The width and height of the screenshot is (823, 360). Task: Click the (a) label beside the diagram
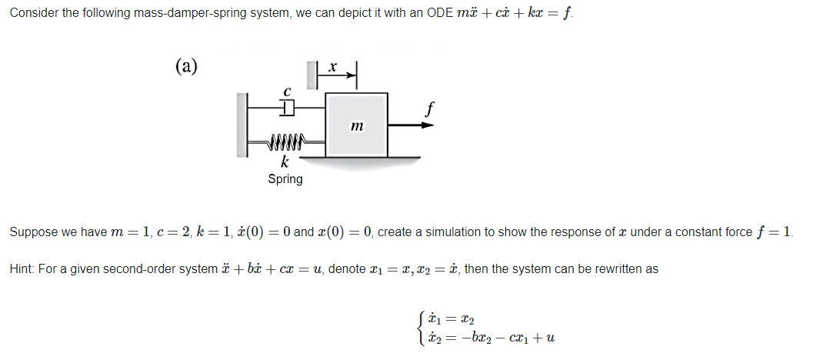pyautogui.click(x=185, y=65)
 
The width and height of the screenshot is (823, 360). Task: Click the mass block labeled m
pyautogui.click(x=356, y=124)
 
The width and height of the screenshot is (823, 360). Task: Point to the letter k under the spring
pyautogui.click(x=285, y=163)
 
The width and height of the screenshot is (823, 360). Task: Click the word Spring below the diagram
pyautogui.click(x=285, y=179)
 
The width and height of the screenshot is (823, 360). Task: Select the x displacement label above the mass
pyautogui.click(x=332, y=68)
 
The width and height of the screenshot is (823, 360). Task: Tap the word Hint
pyautogui.click(x=21, y=269)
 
